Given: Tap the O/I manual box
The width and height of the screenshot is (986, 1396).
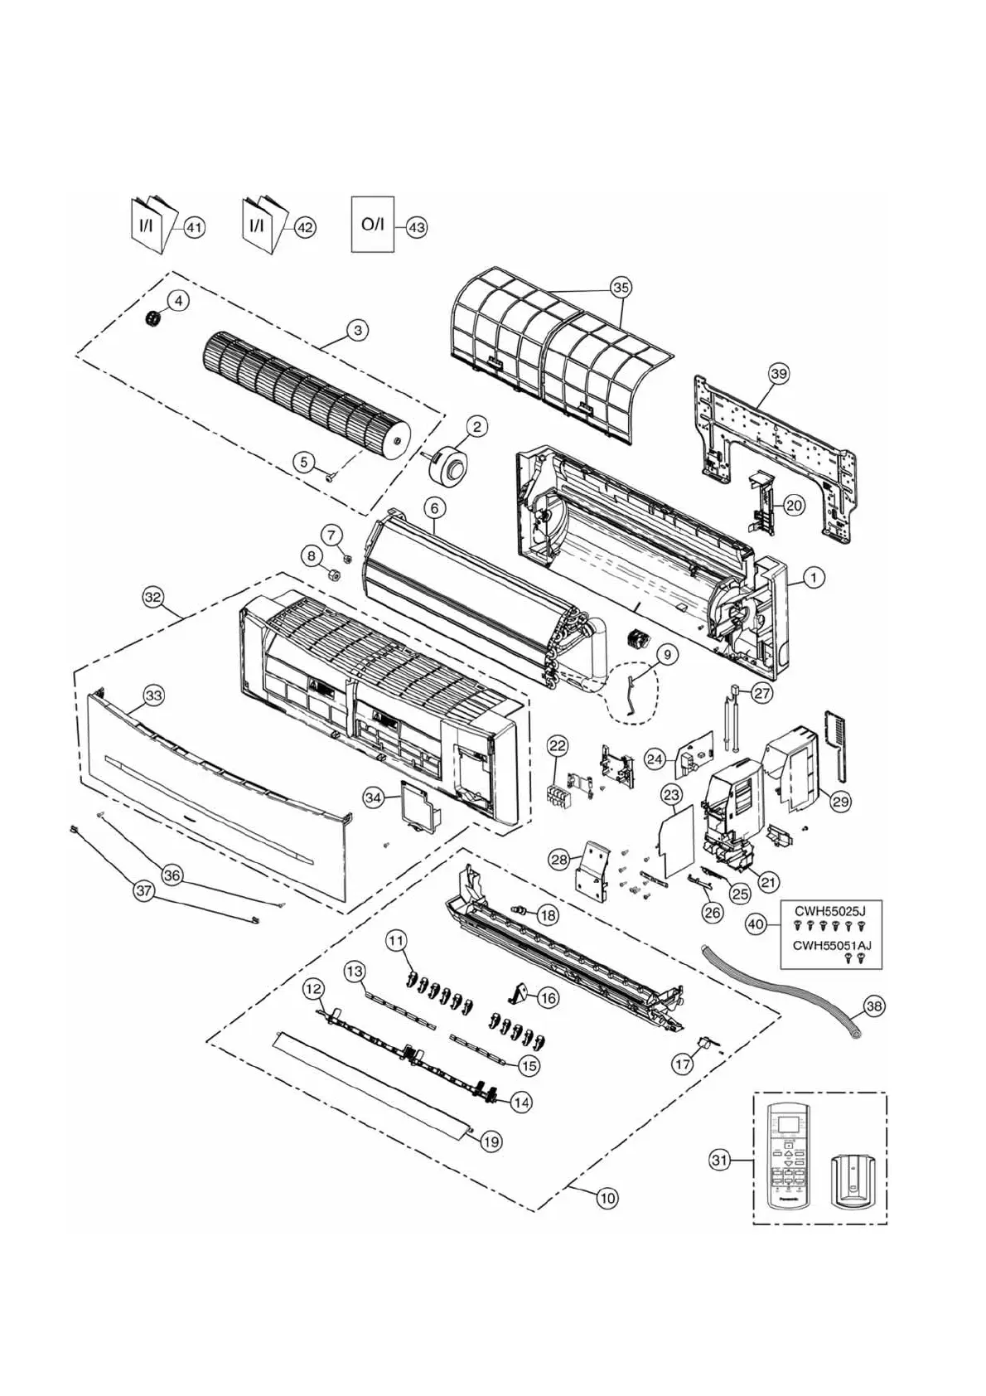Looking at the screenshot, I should tap(373, 224).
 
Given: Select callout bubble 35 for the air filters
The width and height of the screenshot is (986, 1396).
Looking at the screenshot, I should tap(621, 287).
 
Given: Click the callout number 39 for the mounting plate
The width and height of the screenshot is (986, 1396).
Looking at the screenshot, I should tap(778, 373).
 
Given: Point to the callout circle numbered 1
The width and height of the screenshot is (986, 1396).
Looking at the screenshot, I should tap(814, 578).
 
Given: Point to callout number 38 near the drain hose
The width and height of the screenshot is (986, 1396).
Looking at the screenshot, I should tap(873, 1006).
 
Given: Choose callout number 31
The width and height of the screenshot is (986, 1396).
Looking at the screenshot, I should tap(719, 1160).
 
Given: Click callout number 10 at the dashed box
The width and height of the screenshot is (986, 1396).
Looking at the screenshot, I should tap(607, 1197).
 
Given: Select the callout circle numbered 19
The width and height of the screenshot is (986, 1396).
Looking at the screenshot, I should tap(491, 1142).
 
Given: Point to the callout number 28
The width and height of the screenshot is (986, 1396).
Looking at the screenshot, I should tap(559, 860).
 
